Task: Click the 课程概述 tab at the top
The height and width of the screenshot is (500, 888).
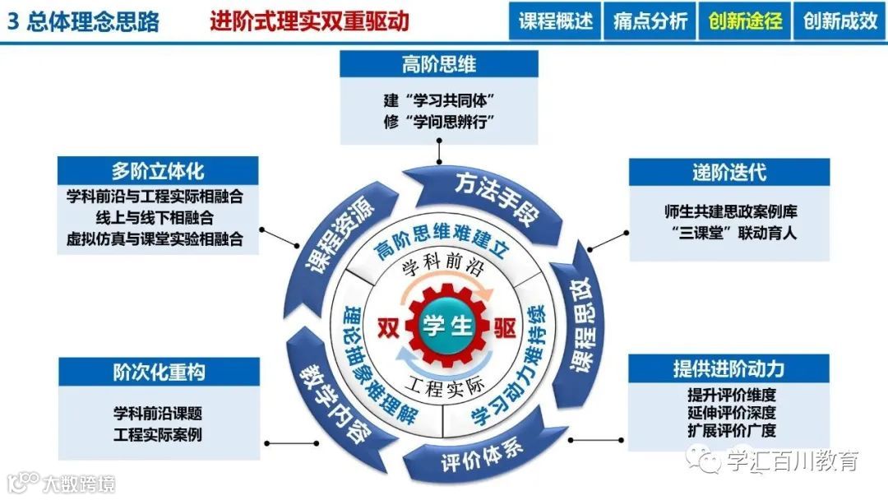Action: (x=556, y=21)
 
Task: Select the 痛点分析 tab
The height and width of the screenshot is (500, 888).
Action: (x=650, y=21)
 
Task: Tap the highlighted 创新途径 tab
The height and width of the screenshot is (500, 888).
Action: (x=745, y=21)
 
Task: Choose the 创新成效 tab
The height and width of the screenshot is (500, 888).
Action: (x=839, y=21)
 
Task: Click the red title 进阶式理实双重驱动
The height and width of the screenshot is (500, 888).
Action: (x=308, y=21)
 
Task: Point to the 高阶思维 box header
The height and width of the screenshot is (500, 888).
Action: (x=439, y=64)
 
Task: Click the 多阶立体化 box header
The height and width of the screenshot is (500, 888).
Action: (x=158, y=170)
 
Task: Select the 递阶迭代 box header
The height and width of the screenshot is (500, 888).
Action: (x=729, y=173)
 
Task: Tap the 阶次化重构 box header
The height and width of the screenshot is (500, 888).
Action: (x=159, y=371)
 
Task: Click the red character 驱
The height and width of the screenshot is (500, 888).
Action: (x=506, y=327)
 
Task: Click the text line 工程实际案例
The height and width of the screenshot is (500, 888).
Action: (x=158, y=434)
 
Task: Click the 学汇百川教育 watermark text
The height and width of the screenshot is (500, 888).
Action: (x=793, y=461)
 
